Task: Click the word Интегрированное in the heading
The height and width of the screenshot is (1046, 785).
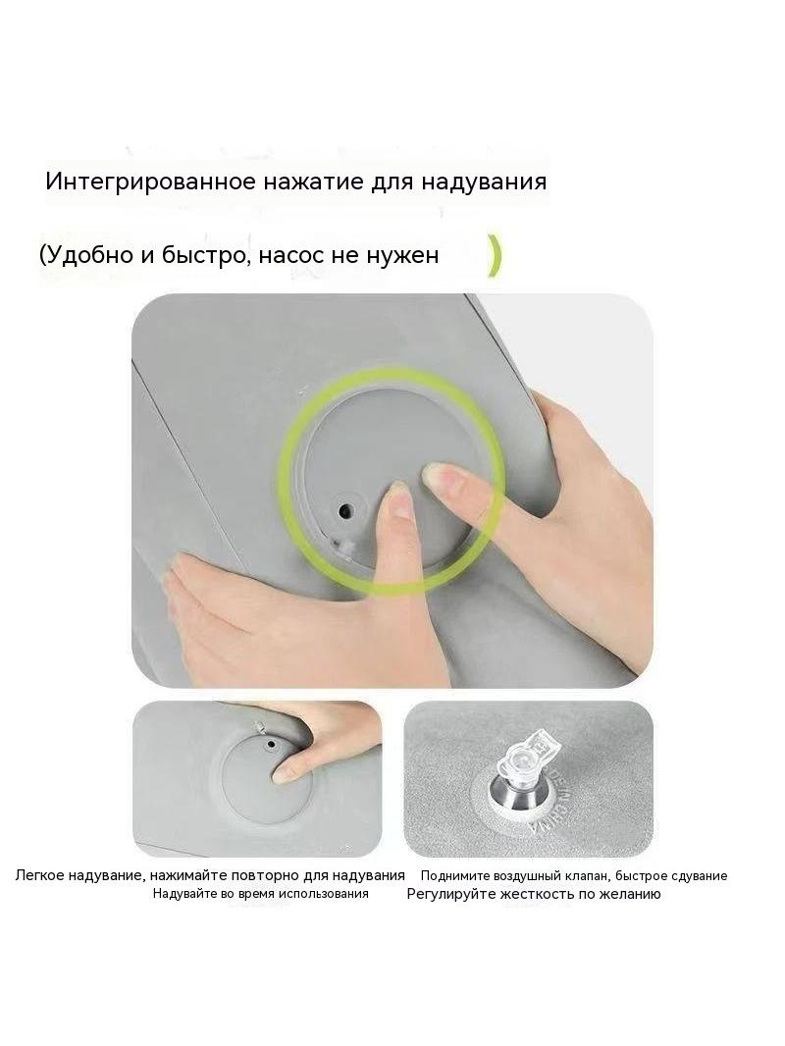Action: [x=150, y=183]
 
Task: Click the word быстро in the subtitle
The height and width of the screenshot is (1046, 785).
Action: [x=204, y=255]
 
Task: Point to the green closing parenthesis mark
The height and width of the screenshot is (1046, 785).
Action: [x=494, y=256]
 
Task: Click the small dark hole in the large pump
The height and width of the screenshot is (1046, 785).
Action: [x=344, y=511]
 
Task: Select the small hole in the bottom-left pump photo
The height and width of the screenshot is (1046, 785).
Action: [x=270, y=743]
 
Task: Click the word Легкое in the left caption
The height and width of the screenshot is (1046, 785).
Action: [x=41, y=875]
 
